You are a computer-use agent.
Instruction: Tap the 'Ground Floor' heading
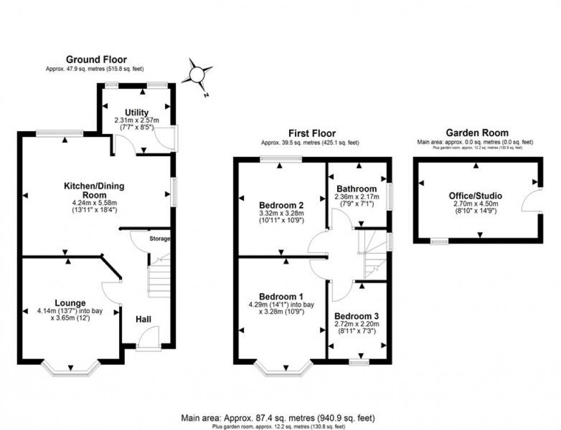click(96, 59)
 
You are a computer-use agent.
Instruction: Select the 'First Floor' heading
click(311, 133)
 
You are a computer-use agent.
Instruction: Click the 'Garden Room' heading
click(475, 133)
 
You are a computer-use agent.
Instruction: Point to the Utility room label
click(136, 112)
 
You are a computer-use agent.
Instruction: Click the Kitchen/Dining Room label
click(94, 190)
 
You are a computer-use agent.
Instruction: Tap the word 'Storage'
click(160, 238)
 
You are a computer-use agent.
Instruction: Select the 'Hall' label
click(144, 319)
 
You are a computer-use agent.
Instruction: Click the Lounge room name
click(70, 303)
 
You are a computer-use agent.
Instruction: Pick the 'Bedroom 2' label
click(280, 205)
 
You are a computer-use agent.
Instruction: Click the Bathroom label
click(357, 188)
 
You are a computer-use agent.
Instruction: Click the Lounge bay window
click(70, 370)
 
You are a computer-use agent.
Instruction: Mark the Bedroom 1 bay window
click(284, 370)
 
